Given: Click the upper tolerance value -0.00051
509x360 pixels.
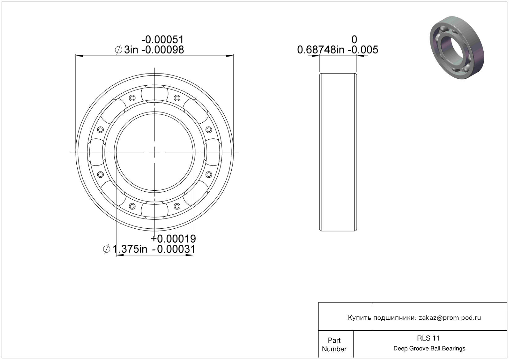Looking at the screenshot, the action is (x=162, y=40).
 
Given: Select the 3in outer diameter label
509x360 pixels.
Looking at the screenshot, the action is (x=131, y=50).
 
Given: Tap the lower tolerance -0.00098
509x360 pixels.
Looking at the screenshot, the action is (x=163, y=50).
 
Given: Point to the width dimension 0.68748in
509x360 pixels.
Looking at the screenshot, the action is (x=321, y=50).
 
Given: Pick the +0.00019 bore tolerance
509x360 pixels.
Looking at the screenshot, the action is (x=173, y=239).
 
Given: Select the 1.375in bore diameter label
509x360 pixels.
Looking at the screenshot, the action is (x=130, y=249).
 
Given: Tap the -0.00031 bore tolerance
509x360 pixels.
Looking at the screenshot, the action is (x=174, y=249).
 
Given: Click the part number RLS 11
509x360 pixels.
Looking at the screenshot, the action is (x=428, y=338).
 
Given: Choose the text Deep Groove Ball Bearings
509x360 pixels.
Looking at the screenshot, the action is (x=429, y=349).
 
